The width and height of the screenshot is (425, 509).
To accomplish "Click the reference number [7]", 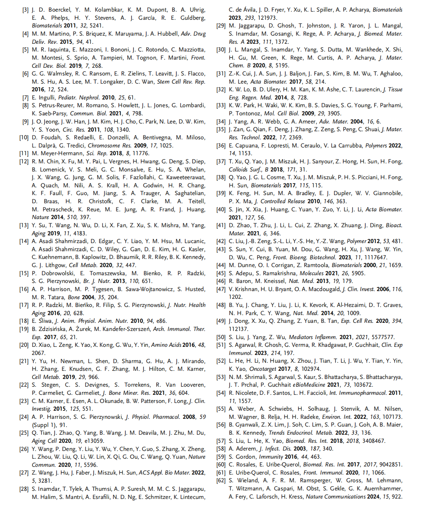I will tap(25, 98).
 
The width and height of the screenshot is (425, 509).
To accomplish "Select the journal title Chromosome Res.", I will tap(110, 146).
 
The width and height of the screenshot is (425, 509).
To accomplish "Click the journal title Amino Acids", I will tap(166, 345).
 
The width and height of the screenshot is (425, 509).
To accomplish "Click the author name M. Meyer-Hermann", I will tap(58, 153).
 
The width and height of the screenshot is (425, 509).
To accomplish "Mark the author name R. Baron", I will tap(240, 281).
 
